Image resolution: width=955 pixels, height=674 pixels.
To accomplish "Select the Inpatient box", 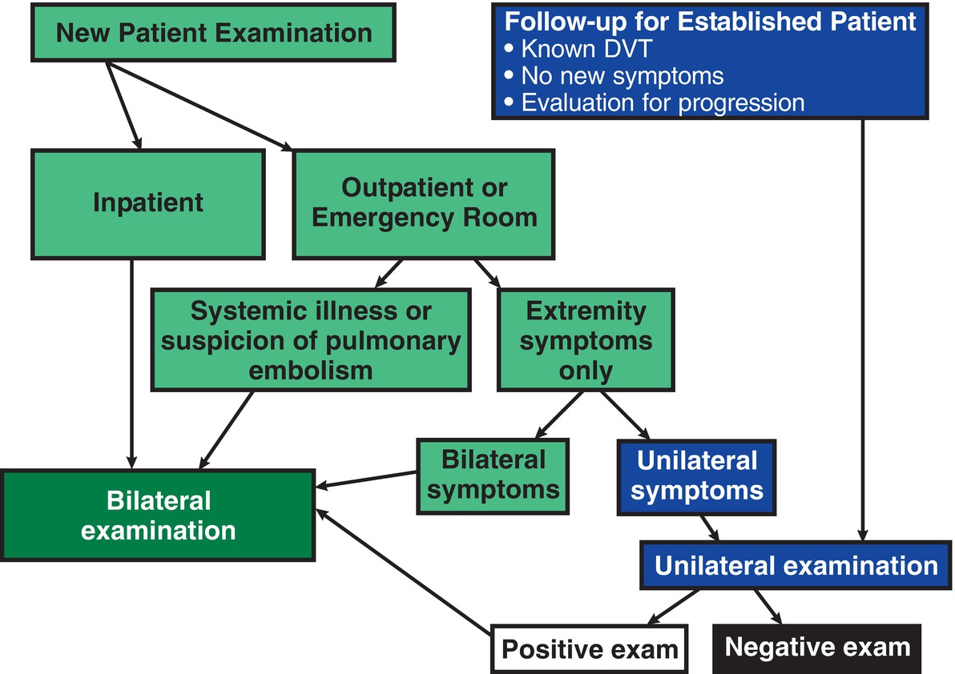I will [148, 203].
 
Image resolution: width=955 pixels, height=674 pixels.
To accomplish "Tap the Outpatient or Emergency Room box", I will [423, 203].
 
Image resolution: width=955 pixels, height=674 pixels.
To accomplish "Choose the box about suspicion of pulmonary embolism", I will [311, 340].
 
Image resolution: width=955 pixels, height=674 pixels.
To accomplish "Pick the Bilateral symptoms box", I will [493, 475].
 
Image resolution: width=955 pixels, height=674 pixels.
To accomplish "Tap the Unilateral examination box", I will [796, 566].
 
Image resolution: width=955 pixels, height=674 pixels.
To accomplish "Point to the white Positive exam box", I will [589, 648].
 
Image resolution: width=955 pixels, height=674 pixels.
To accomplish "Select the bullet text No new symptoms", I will [621, 76].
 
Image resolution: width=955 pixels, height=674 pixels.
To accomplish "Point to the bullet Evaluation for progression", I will [662, 102].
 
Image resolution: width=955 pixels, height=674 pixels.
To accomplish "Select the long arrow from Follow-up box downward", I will [862, 320].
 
